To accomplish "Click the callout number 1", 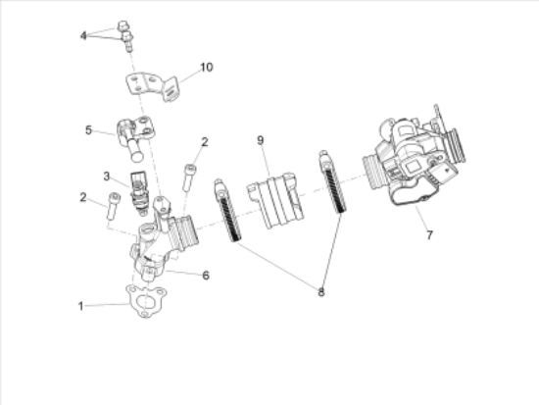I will pyautogui.click(x=81, y=306).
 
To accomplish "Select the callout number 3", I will pyautogui.click(x=107, y=177).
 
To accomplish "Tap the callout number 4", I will pyautogui.click(x=84, y=35).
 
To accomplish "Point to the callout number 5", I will pyautogui.click(x=87, y=129).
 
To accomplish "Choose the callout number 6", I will pyautogui.click(x=206, y=276).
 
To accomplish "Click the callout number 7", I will pyautogui.click(x=428, y=236).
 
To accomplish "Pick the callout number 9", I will pyautogui.click(x=261, y=140).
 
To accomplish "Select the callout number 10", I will pyautogui.click(x=206, y=67).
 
